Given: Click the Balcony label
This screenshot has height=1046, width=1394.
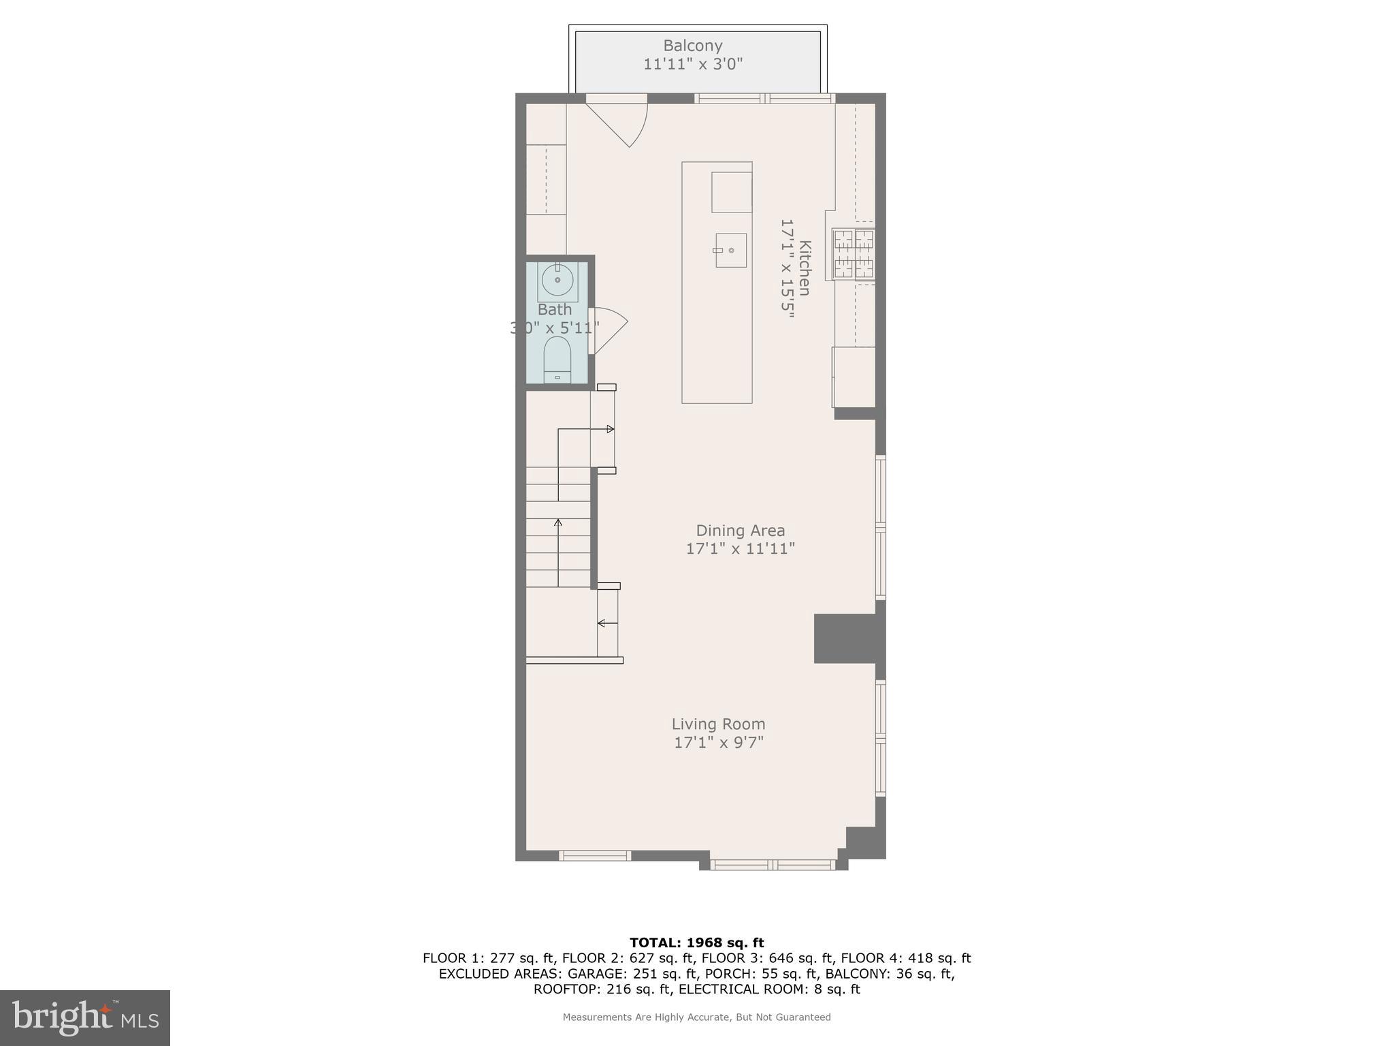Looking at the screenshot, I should (x=692, y=46).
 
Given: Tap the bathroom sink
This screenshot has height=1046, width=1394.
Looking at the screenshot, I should (x=558, y=280).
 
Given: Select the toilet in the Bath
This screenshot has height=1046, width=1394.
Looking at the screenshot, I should (x=557, y=360).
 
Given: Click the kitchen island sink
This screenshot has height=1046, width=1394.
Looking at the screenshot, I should (x=730, y=250).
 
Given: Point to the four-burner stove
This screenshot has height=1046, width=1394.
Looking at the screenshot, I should (x=854, y=254).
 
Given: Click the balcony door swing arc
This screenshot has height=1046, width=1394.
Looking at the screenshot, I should (x=626, y=127).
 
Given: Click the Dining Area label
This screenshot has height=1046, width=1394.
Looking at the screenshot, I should (x=740, y=530).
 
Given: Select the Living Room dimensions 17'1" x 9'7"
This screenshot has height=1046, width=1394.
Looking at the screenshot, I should (x=719, y=742).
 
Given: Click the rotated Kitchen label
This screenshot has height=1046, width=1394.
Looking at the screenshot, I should (x=805, y=268).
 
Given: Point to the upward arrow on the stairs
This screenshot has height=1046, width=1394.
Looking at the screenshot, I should (x=558, y=523).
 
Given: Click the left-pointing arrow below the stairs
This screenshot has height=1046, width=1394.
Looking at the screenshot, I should (x=602, y=622).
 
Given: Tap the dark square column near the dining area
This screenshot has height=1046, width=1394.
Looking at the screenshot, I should (x=844, y=638).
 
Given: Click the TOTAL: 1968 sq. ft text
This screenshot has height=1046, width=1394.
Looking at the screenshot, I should (x=696, y=942).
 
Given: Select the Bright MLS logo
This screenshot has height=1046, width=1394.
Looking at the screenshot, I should (x=85, y=1017).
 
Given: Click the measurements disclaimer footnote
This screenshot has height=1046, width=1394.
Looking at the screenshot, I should (x=696, y=1017).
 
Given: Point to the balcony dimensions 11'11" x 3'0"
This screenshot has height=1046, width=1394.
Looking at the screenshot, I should (x=692, y=65).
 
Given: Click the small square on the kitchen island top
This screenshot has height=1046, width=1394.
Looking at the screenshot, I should (x=732, y=192).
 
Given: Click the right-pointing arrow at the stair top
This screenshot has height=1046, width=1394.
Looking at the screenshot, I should (x=610, y=429).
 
